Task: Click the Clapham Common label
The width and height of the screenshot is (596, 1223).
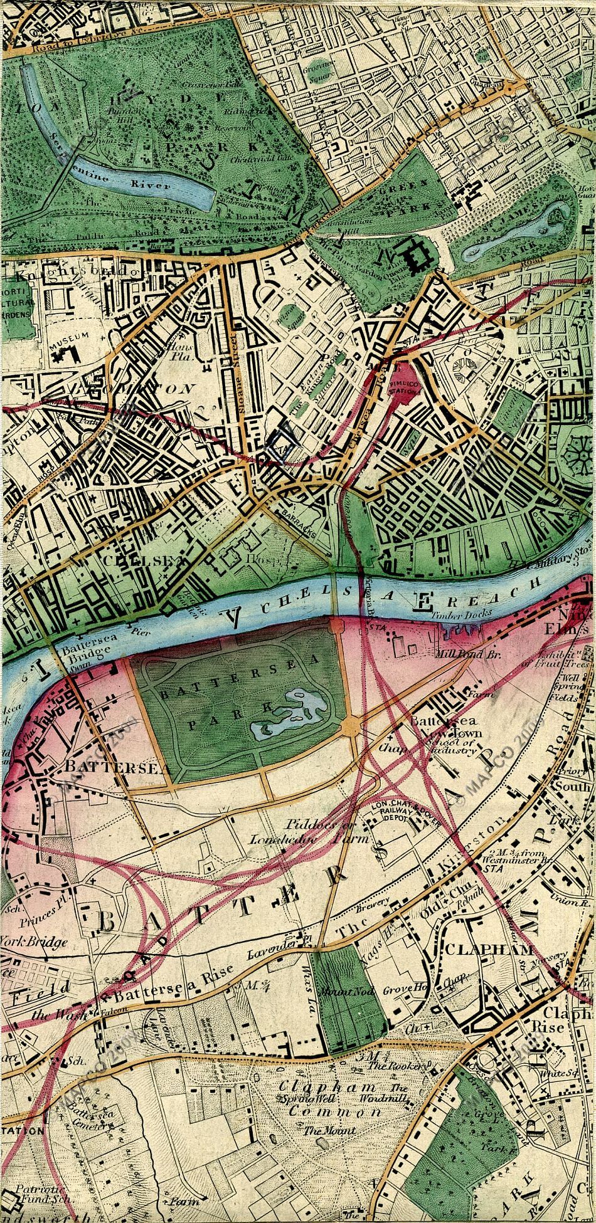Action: tap(329, 1100)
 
